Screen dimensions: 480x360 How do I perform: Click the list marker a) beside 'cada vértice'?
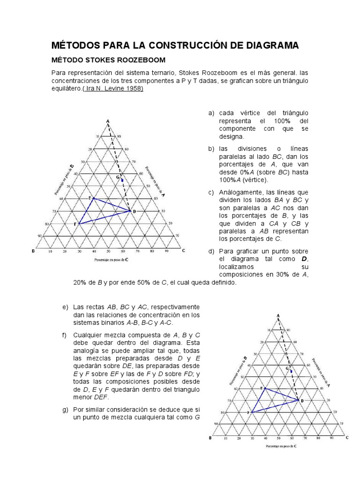(211, 113)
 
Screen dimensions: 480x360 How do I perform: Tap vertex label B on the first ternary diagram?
(33, 251)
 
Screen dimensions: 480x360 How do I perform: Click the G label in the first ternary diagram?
(118, 177)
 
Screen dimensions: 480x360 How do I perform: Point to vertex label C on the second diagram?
(347, 437)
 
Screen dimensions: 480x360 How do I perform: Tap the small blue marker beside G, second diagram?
(292, 371)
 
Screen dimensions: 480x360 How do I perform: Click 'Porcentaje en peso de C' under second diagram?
(281, 446)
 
